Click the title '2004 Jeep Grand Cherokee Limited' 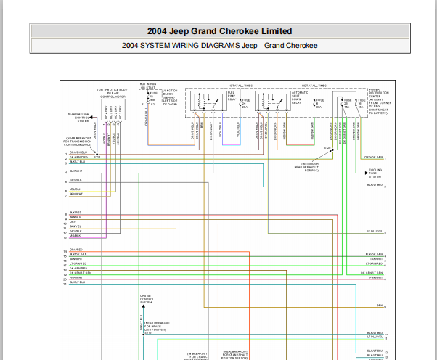tap(219, 31)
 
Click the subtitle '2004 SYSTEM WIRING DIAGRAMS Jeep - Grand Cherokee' tap(219, 46)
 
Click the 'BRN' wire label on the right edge tap(379, 306)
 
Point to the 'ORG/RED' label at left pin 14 tap(75, 250)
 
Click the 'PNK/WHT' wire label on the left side tap(75, 277)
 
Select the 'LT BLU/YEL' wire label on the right tap(375, 336)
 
